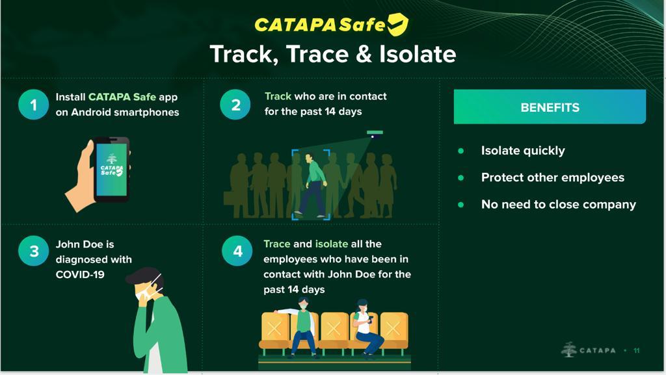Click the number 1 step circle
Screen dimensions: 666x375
[x=34, y=105]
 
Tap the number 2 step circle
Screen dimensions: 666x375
[x=235, y=105]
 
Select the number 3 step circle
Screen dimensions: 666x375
[x=34, y=251]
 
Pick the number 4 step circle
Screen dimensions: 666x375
[x=237, y=251]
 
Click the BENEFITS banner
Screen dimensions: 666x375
[x=550, y=107]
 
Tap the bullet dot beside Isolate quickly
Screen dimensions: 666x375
[x=461, y=151]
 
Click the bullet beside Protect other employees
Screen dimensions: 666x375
[x=461, y=177]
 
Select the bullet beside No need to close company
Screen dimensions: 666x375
[x=461, y=205]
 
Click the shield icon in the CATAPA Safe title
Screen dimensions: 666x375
[x=397, y=24]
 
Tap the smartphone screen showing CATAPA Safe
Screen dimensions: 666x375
[x=112, y=170]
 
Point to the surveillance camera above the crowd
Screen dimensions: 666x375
[x=375, y=134]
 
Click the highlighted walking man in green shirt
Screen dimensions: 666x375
[x=311, y=185]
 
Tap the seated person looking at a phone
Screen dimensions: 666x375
[x=366, y=329]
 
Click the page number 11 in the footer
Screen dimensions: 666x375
[x=636, y=350]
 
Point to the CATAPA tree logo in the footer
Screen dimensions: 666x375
[x=568, y=350]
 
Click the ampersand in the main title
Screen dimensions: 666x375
[x=363, y=55]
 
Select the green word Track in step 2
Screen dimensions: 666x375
[x=278, y=96]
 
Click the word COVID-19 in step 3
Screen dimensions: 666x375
[x=80, y=274]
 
